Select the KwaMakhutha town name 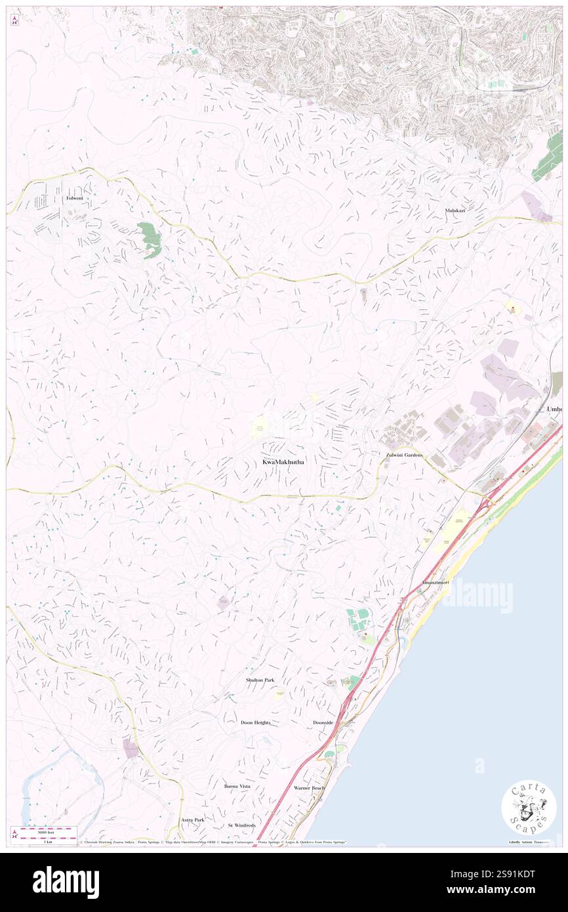click(283, 462)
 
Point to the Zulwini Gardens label click(404, 455)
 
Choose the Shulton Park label click(260, 680)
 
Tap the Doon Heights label click(255, 722)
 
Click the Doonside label click(323, 722)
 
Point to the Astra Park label click(193, 819)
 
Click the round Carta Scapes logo click(529, 808)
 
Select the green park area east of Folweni click(150, 239)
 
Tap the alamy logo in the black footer click(66, 882)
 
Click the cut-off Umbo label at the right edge click(554, 409)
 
